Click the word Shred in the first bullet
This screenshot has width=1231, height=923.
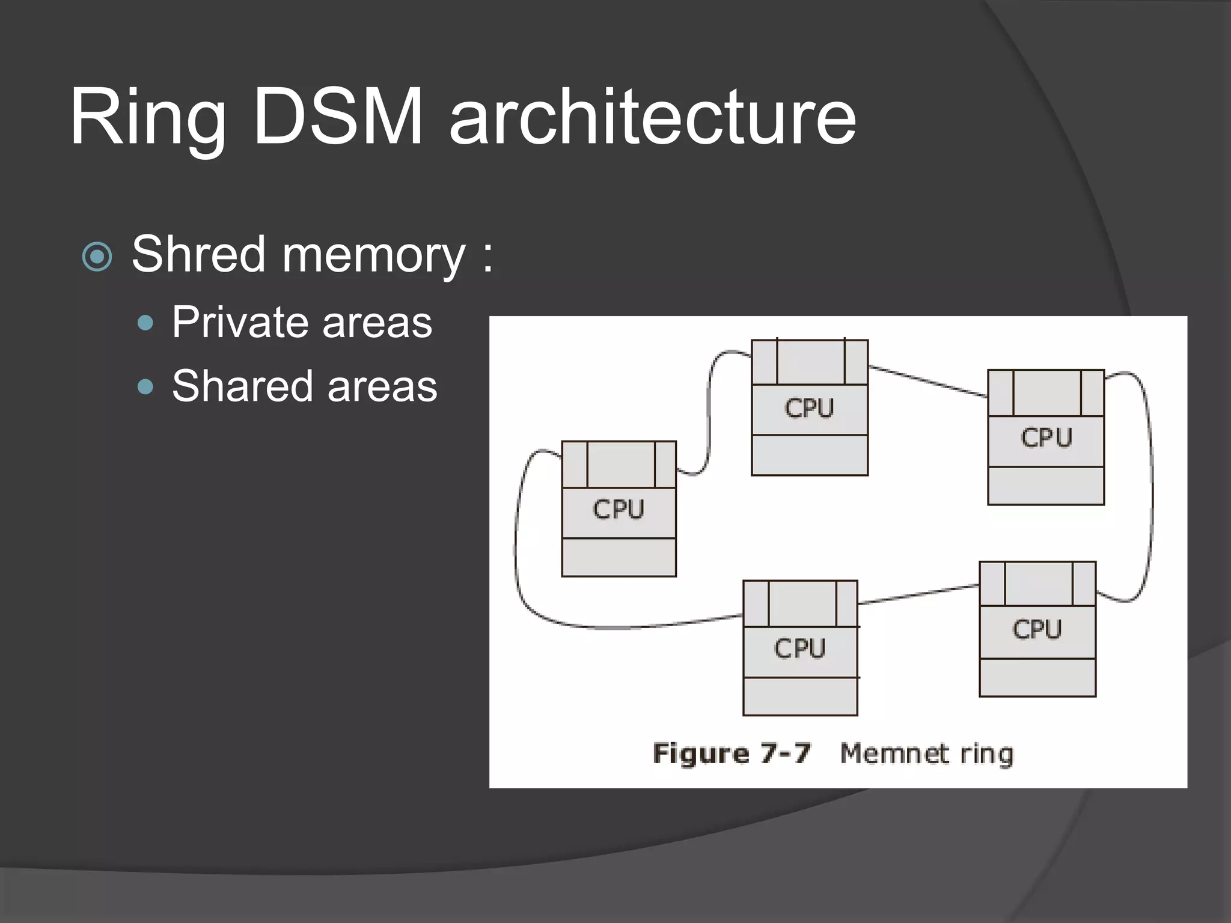198,254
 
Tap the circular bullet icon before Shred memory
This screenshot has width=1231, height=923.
97,257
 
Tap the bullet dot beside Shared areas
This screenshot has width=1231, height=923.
145,386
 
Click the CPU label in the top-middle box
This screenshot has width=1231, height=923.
809,409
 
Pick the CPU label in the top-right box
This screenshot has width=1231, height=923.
1046,437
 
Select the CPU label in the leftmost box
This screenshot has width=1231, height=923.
619,510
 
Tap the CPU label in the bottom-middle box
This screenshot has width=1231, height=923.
799,648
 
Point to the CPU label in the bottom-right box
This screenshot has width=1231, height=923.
1037,630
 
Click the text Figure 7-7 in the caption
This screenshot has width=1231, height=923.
732,754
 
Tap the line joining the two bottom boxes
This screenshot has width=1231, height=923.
918,594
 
